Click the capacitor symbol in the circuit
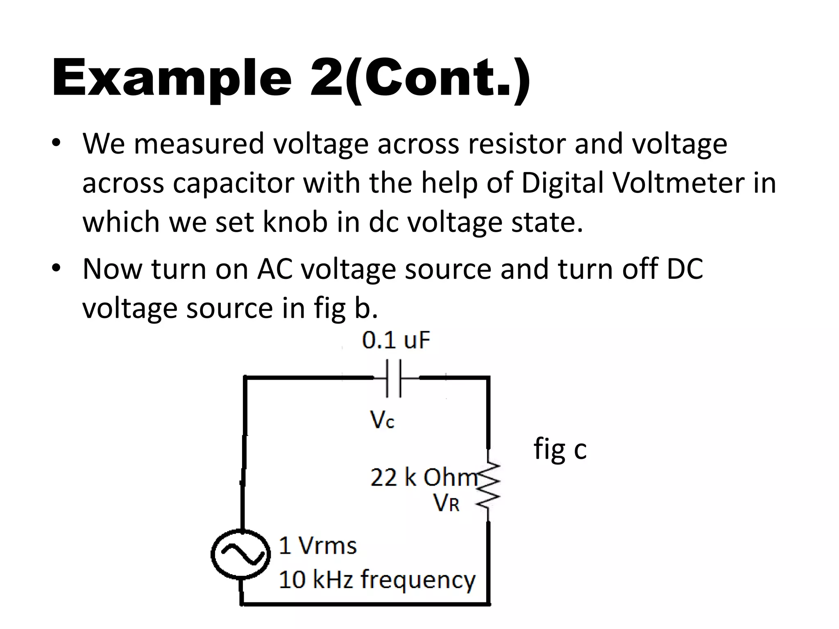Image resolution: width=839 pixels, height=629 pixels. (393, 378)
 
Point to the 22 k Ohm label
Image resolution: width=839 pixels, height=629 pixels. (424, 477)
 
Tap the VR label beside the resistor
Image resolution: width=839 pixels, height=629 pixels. (446, 503)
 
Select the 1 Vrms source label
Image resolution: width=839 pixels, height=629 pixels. (317, 546)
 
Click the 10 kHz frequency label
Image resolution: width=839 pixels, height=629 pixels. (377, 580)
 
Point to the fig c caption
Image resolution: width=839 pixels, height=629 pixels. (560, 450)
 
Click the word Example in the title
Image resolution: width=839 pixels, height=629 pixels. (172, 78)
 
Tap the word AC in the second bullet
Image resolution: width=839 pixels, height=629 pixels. (275, 269)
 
